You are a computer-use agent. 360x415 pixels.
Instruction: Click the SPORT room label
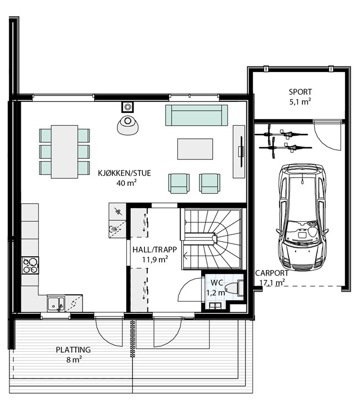click(x=300, y=92)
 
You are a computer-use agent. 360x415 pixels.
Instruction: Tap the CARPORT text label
click(x=271, y=273)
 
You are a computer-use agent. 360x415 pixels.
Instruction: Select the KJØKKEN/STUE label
click(x=124, y=173)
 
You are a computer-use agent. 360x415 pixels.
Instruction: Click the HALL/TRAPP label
click(x=155, y=250)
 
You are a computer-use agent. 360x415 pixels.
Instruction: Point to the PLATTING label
click(x=73, y=350)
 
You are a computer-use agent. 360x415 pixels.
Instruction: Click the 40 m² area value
click(x=126, y=183)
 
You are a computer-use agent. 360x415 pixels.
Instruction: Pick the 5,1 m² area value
click(x=300, y=102)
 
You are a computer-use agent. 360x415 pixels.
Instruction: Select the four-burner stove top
click(x=30, y=266)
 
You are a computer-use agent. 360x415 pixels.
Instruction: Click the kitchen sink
click(x=56, y=304)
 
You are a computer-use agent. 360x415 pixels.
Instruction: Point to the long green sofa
click(x=196, y=115)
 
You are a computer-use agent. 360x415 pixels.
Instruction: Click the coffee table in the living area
click(x=195, y=149)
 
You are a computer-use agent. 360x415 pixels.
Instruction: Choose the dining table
click(x=65, y=152)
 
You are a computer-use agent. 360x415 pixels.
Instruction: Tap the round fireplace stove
click(x=128, y=125)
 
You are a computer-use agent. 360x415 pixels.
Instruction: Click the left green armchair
click(x=179, y=183)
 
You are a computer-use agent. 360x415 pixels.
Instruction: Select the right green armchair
click(x=209, y=183)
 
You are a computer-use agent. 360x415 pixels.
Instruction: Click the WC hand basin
click(x=215, y=305)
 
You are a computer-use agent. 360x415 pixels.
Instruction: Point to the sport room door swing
click(x=327, y=136)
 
